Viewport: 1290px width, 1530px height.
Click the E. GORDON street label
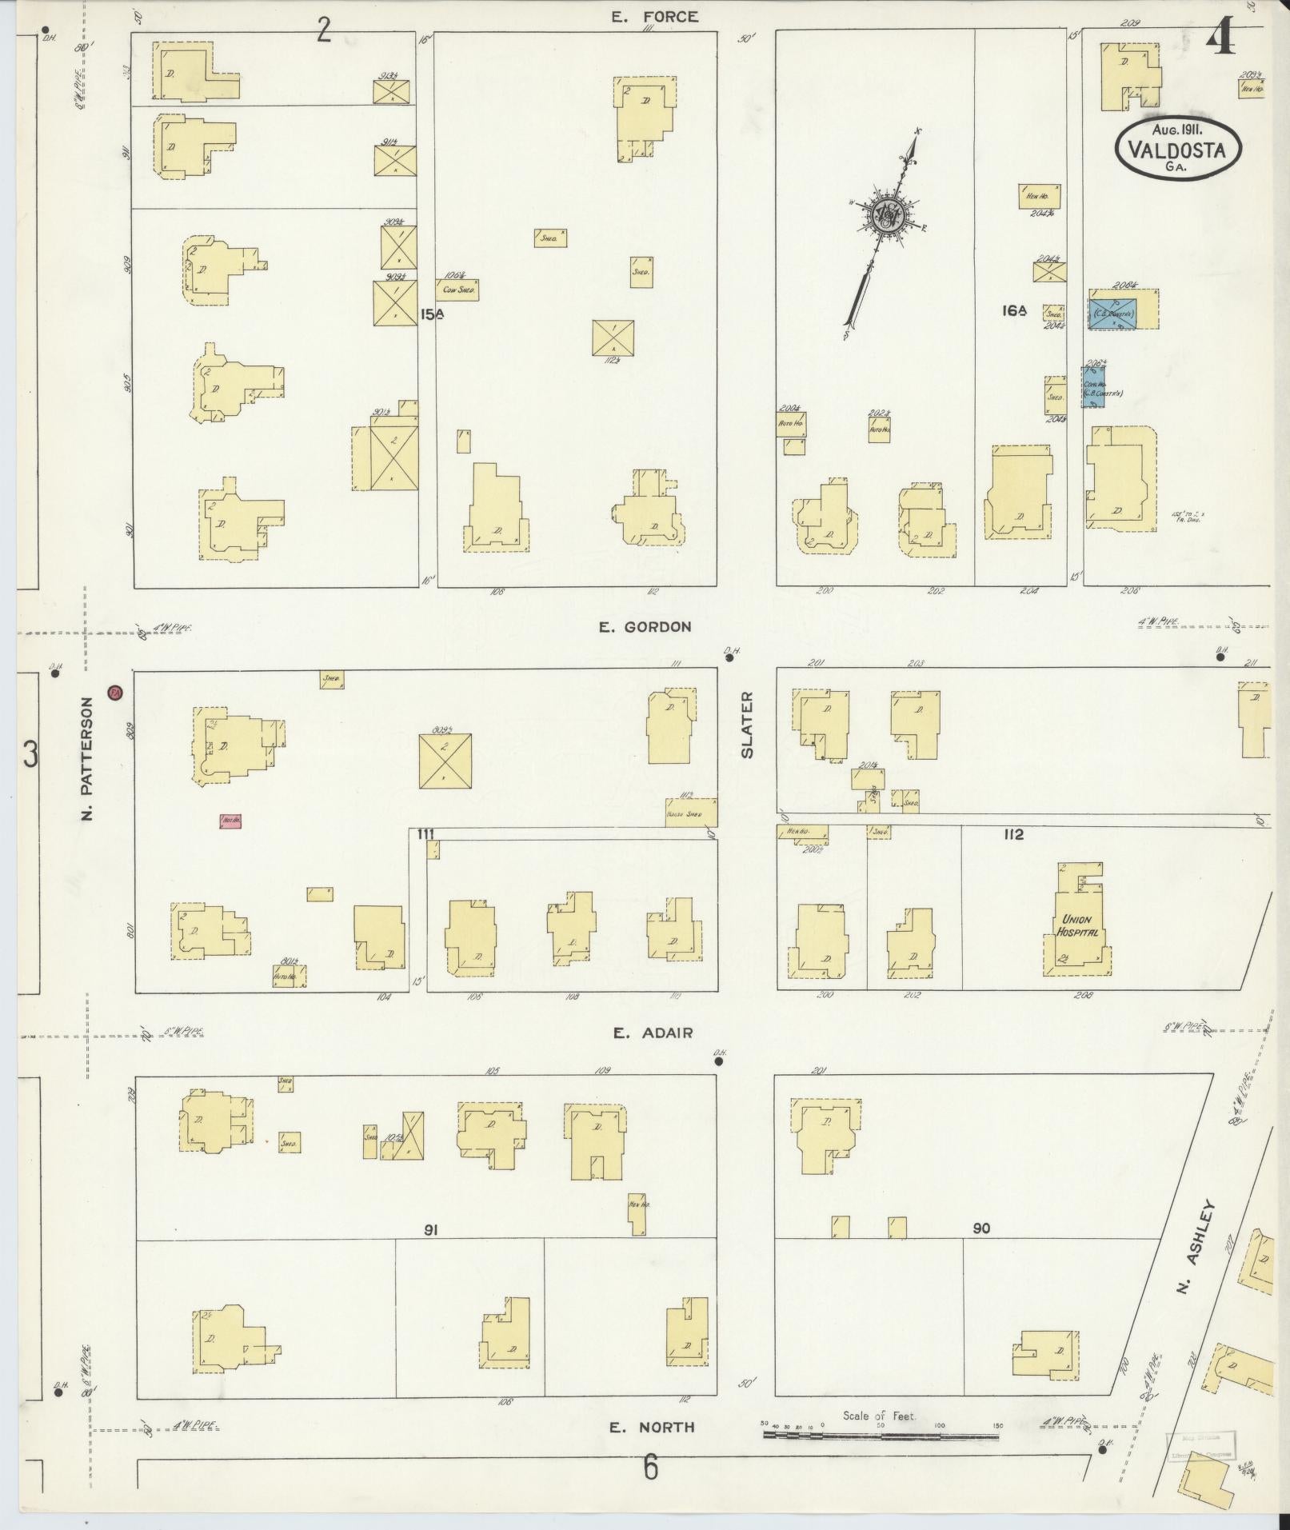tap(645, 627)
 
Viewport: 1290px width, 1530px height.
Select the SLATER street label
tap(747, 725)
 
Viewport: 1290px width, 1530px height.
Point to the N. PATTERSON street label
tap(88, 758)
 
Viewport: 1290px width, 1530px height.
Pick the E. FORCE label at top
tap(654, 16)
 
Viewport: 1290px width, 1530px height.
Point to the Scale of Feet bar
tap(880, 1436)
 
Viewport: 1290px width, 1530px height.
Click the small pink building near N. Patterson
tap(231, 821)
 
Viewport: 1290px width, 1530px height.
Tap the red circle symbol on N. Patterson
tap(115, 693)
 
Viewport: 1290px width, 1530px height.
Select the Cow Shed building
tap(457, 290)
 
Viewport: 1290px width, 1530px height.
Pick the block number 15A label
tap(432, 314)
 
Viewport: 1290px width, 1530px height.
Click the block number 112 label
tap(1012, 835)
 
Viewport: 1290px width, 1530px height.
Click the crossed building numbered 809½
tap(445, 761)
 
